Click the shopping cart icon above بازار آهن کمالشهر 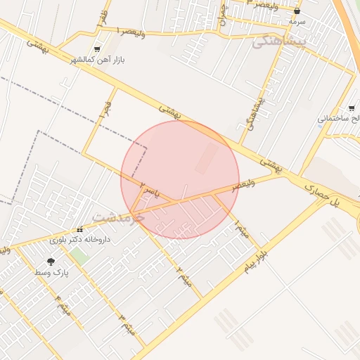click(x=96, y=50)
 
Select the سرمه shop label click(x=297, y=22)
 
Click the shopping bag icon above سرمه click(x=297, y=11)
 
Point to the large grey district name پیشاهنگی click(x=280, y=43)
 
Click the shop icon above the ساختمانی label click(x=352, y=108)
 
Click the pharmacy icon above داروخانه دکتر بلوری click(x=79, y=229)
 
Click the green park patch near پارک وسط click(x=78, y=257)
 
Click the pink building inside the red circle click(x=207, y=157)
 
